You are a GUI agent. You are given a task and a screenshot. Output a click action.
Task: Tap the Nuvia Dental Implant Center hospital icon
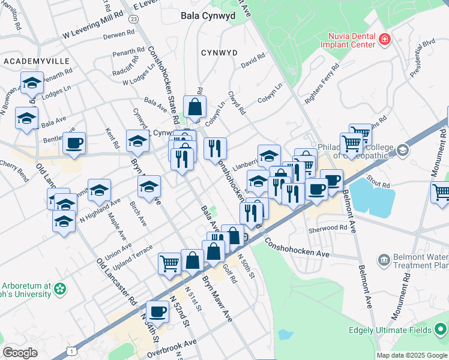pos(385,40)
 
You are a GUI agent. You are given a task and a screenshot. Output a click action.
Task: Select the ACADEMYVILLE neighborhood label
pos(36,61)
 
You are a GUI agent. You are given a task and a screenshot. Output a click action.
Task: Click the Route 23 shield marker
pos(133,19)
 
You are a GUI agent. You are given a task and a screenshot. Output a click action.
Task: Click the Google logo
pos(20,353)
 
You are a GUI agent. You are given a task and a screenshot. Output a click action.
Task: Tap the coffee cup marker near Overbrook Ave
pos(158,311)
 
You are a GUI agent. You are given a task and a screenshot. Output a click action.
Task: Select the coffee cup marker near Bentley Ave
pos(74,143)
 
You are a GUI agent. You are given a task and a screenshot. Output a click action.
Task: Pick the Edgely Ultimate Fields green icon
pos(441,330)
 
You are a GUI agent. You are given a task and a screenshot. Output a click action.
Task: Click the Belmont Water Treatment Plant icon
pos(384,260)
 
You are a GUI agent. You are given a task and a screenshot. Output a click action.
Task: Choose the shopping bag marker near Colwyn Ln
pos(195,108)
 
